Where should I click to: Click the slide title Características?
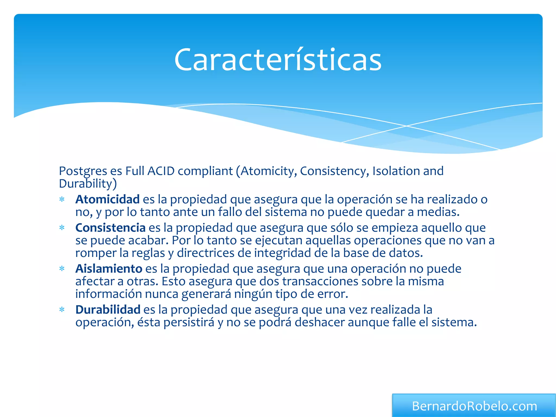[278, 60]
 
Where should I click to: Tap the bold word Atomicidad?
[108, 200]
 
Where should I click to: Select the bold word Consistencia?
[110, 228]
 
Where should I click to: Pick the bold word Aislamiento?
[109, 269]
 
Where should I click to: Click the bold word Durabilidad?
[108, 310]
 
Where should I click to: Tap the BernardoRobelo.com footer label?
[474, 406]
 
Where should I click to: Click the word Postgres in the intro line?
[83, 171]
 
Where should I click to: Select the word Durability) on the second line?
[88, 184]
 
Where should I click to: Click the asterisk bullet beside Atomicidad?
[62, 200]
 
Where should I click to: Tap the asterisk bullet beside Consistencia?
[62, 228]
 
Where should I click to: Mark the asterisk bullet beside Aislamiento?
[62, 269]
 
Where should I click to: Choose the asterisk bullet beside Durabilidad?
[62, 310]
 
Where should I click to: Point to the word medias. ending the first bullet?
[438, 212]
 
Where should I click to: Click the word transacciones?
[320, 282]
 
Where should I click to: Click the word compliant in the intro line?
[205, 171]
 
